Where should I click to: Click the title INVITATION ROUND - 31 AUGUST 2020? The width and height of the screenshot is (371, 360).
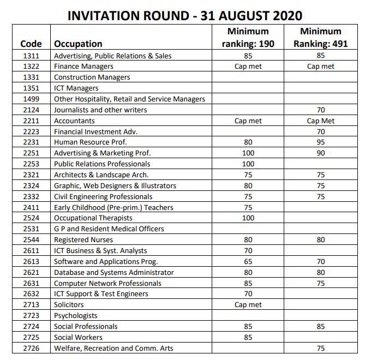185,15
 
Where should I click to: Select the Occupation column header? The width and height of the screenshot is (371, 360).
78,44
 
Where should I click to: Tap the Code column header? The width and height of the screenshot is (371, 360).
31,44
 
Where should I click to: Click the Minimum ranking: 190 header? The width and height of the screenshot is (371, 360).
248,38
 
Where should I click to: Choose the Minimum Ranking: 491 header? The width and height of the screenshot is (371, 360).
321,38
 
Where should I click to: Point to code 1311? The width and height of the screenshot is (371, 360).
31,56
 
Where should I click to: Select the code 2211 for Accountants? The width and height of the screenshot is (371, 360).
31,121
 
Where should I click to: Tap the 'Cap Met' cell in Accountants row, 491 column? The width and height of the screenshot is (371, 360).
321,121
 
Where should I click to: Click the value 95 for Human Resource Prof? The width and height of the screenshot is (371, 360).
321,142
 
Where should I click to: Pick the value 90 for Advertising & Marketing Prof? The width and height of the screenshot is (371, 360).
321,153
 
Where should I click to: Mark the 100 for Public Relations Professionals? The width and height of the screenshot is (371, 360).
248,164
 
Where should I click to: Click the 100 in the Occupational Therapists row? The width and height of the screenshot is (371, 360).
248,218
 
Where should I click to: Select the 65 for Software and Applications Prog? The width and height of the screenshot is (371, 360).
248,261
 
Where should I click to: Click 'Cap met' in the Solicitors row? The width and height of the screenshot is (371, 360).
248,305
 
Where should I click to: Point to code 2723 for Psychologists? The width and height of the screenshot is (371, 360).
31,315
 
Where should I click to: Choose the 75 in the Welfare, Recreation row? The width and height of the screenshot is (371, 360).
321,348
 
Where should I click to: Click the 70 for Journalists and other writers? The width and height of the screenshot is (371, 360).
321,110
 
